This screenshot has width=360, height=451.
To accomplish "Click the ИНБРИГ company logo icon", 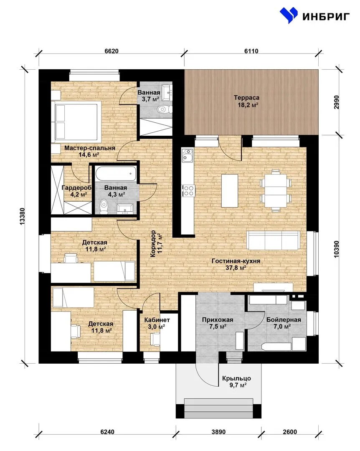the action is click(289, 15).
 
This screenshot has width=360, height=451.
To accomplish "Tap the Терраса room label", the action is click(246, 98).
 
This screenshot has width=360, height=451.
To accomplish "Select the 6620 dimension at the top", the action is click(112, 51).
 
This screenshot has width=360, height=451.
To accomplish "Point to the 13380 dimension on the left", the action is click(23, 216).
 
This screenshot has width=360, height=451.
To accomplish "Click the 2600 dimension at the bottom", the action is click(290, 432).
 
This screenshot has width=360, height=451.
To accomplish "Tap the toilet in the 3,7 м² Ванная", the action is click(165, 109).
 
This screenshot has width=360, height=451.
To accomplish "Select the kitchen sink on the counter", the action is click(188, 155).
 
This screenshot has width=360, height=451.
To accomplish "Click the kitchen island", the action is click(230, 191).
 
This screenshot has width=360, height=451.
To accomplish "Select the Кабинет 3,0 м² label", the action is click(157, 323).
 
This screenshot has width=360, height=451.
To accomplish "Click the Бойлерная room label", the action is click(284, 320).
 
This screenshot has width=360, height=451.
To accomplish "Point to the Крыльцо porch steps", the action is click(219, 408).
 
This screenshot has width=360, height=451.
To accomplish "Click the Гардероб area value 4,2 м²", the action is click(79, 195).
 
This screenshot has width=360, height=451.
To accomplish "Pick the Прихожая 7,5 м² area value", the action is click(218, 327).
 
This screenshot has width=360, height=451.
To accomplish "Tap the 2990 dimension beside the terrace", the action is click(337, 102).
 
